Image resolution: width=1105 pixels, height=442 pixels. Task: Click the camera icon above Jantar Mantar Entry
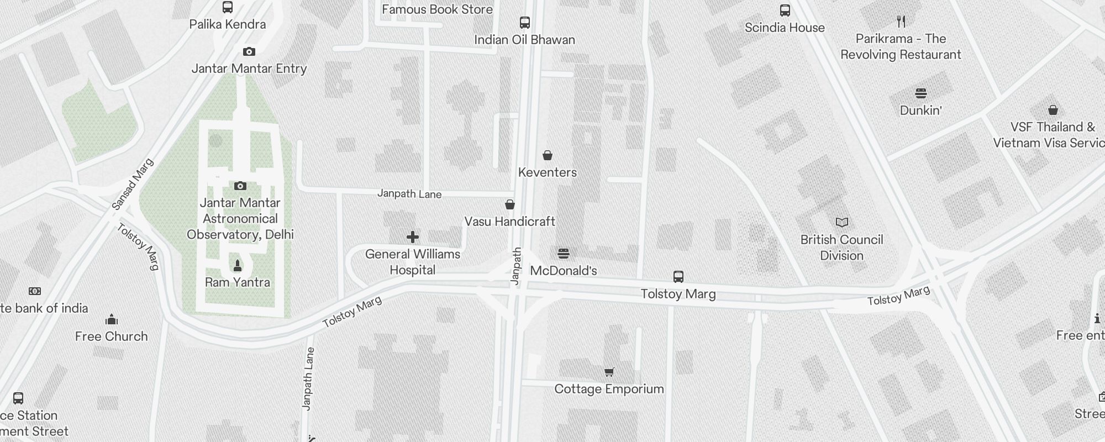click(249, 52)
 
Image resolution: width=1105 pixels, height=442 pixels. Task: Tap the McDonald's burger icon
click(563, 254)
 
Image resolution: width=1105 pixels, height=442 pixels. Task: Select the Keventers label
click(547, 172)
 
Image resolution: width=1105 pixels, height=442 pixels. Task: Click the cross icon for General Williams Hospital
click(413, 238)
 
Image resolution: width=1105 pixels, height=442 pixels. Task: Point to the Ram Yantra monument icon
click(238, 266)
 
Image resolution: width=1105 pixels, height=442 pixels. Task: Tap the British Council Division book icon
click(841, 223)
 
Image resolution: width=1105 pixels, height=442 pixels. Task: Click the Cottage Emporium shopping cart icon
click(609, 372)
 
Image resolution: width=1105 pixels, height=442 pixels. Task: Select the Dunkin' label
click(920, 110)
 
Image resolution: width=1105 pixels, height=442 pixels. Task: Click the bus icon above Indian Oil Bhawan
click(524, 23)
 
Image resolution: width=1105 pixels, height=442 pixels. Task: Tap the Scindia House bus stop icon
click(785, 10)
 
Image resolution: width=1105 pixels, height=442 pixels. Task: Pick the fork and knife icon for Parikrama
click(901, 22)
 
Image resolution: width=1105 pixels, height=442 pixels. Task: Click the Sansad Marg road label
click(133, 185)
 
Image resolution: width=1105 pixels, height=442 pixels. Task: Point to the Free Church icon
click(112, 320)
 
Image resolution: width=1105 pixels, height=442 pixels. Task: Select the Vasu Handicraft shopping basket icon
click(510, 205)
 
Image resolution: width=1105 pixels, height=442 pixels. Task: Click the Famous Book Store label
click(437, 9)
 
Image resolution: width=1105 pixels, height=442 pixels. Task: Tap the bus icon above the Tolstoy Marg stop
click(678, 277)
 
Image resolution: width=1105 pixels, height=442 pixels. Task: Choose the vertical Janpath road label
click(516, 266)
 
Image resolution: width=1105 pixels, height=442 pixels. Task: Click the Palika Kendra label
click(227, 24)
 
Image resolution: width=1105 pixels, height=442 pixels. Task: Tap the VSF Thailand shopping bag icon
click(1053, 110)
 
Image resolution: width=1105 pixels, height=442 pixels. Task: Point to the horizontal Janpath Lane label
click(409, 194)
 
